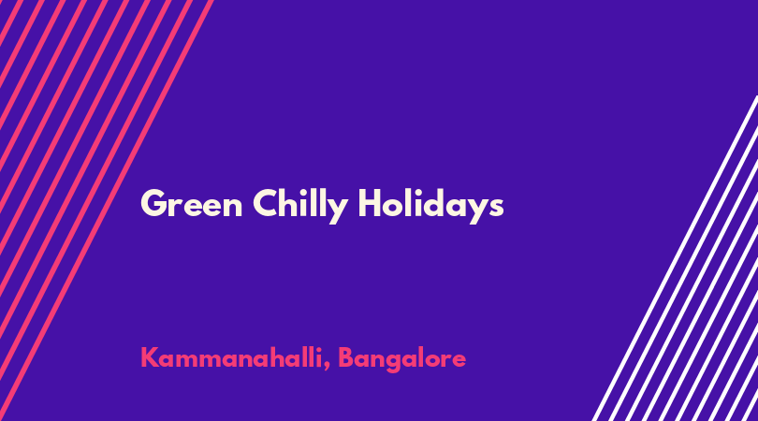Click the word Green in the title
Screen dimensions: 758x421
(192, 204)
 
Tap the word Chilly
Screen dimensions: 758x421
(300, 206)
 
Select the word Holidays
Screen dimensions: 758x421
(430, 206)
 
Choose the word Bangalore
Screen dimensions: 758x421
(401, 359)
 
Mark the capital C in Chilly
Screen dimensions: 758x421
(266, 204)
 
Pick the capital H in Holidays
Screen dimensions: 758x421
(371, 204)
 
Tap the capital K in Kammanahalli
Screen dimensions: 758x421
(150, 357)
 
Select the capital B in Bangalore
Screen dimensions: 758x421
(346, 357)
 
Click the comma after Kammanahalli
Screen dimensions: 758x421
(328, 367)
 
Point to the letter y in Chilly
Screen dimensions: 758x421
(337, 211)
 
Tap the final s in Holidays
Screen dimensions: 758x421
(496, 208)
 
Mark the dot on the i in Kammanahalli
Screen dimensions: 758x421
(318, 349)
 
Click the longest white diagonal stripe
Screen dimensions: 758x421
(675, 258)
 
